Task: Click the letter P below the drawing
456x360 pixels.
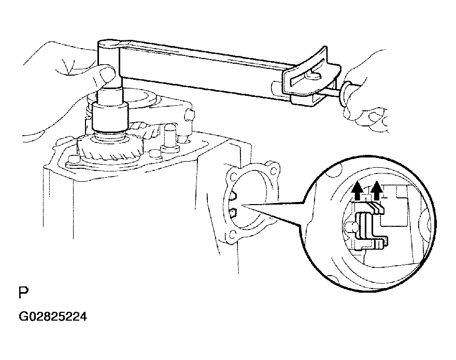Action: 23,293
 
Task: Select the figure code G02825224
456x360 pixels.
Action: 53,316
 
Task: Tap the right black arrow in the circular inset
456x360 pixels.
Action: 377,191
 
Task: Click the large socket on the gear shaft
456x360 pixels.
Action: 110,117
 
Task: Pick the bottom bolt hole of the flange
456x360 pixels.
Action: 232,234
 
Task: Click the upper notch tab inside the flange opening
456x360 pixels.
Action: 233,196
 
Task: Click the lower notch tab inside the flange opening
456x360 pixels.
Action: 234,213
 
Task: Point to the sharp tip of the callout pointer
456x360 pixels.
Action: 241,206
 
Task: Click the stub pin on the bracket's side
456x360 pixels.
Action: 189,114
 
